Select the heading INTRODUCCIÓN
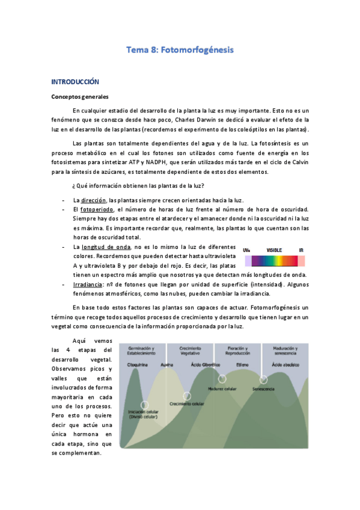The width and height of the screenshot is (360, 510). coord(75,81)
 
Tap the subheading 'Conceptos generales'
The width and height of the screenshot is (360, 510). coord(79,97)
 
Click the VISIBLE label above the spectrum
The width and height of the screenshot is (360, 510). coord(274,250)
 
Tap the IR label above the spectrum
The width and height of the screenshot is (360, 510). coord(301,250)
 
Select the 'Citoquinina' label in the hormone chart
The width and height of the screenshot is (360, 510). coord(138,365)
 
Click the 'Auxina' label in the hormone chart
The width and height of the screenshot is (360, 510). coord(166,365)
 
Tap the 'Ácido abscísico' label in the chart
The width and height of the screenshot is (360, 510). coord(285,364)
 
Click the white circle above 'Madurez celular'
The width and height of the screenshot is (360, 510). coord(222,379)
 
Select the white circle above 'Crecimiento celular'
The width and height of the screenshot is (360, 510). coord(187,396)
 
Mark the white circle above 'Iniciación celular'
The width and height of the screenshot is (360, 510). coord(144,405)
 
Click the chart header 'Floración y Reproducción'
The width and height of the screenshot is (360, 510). coord(236,351)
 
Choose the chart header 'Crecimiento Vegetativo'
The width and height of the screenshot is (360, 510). coord(190,351)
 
